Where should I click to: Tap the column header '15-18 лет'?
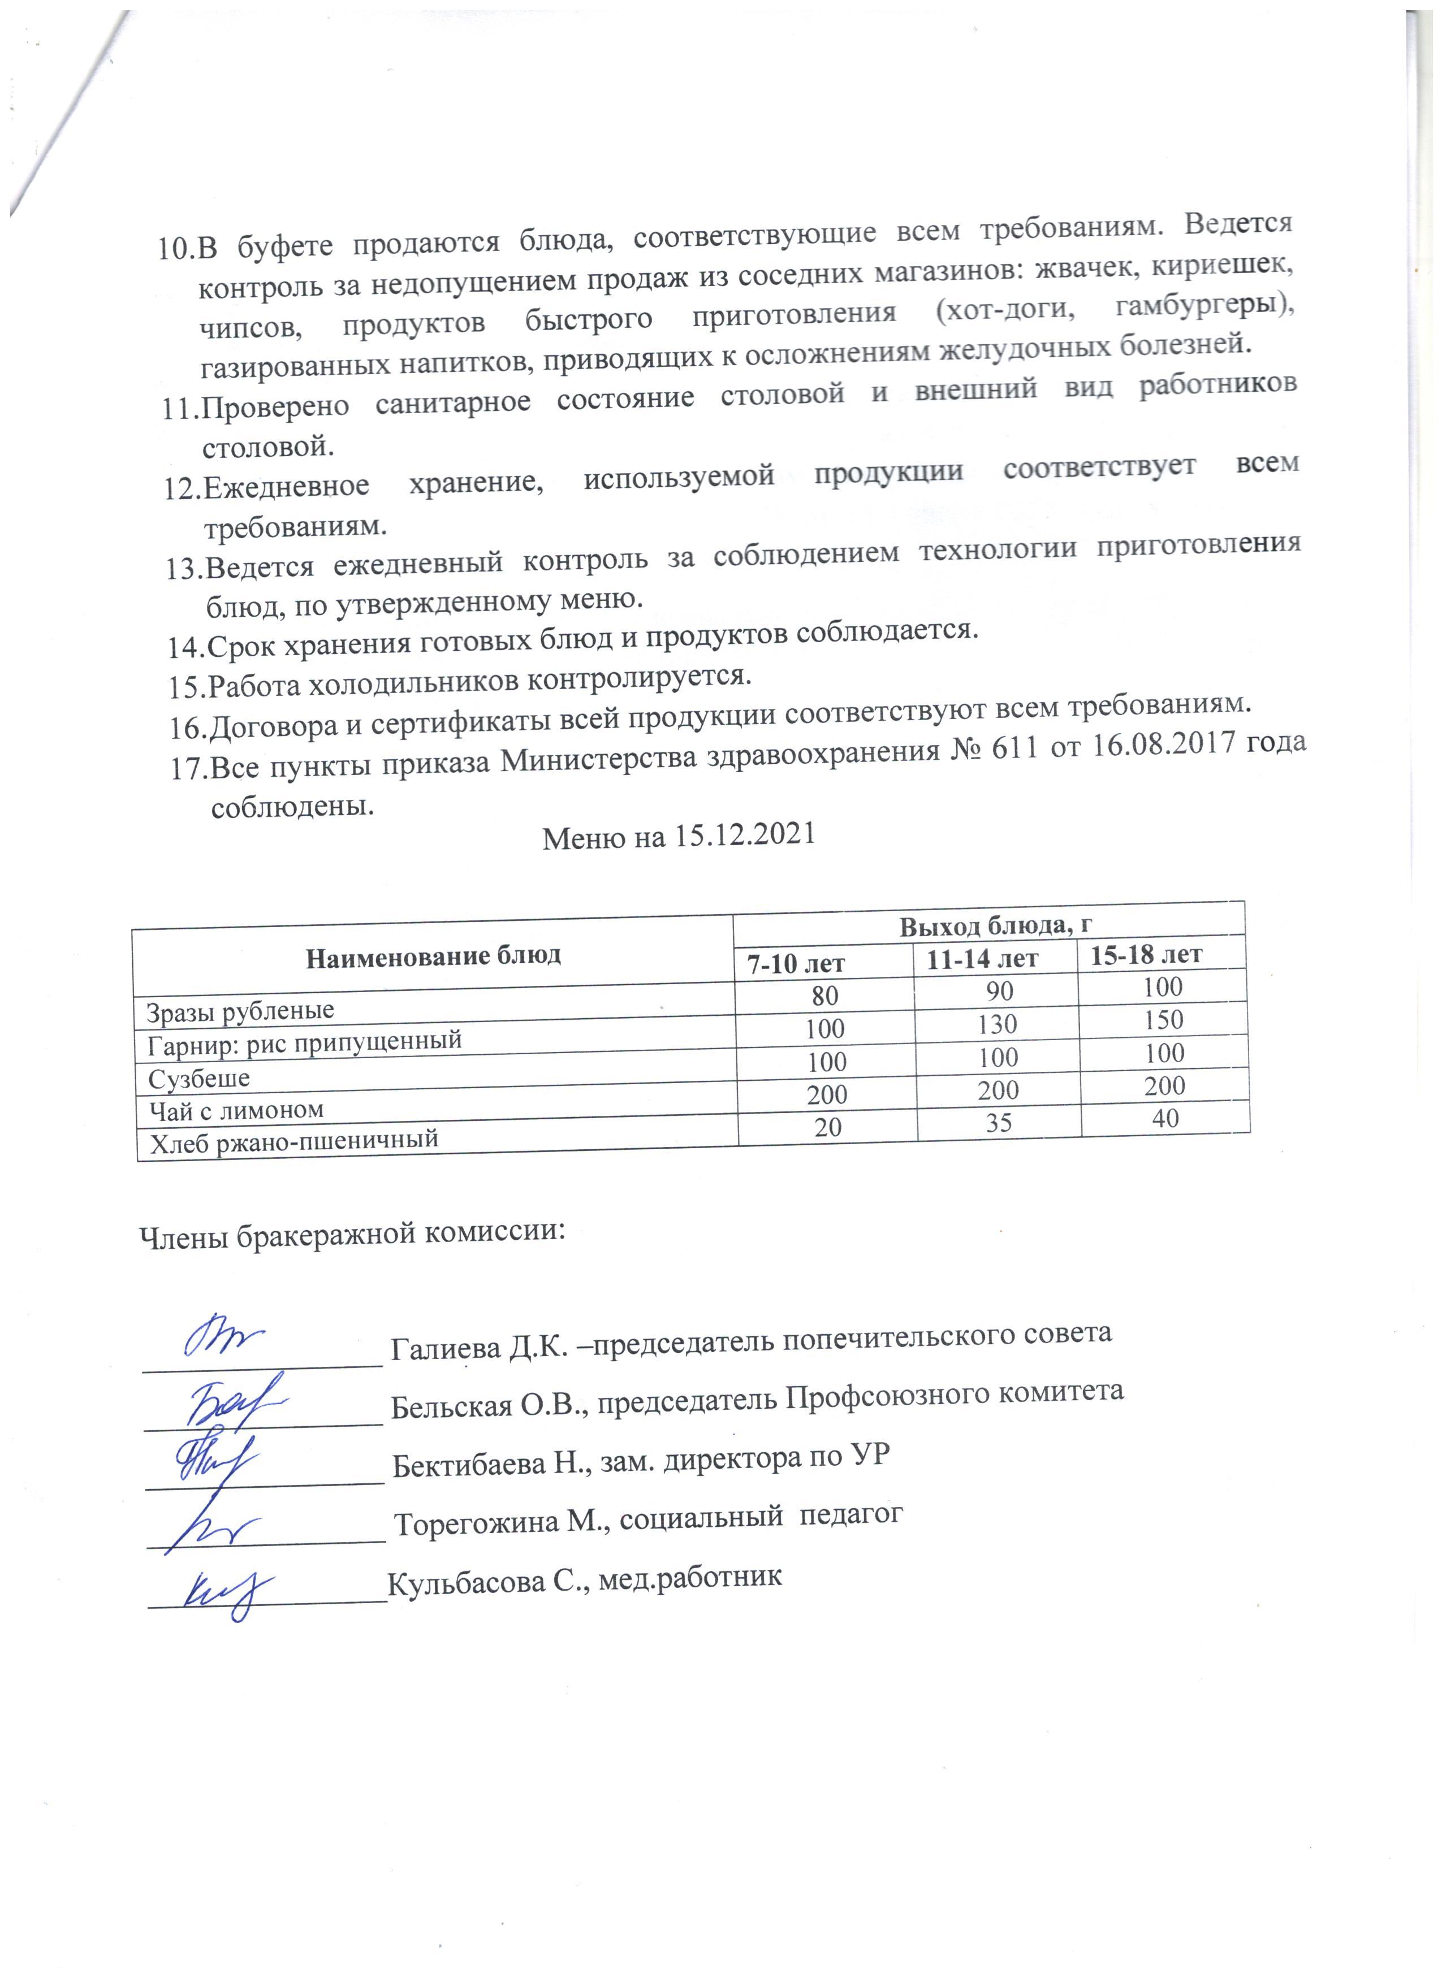click(1146, 954)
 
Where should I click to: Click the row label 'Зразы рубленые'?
click(240, 1011)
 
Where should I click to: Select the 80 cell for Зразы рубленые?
click(824, 995)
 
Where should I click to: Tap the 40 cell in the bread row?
click(1165, 1118)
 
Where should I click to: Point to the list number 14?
click(186, 647)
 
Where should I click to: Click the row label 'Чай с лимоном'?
click(236, 1110)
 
